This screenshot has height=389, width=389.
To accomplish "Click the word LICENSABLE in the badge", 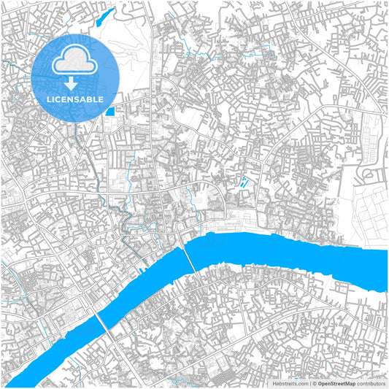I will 76,99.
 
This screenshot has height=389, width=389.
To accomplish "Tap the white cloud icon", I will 76,61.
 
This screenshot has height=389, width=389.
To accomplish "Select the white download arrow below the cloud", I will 76,82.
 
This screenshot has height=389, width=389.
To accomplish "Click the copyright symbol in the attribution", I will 315,382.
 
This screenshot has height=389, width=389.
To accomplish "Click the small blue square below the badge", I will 110,111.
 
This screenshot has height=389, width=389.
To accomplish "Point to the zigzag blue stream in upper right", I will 264,55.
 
